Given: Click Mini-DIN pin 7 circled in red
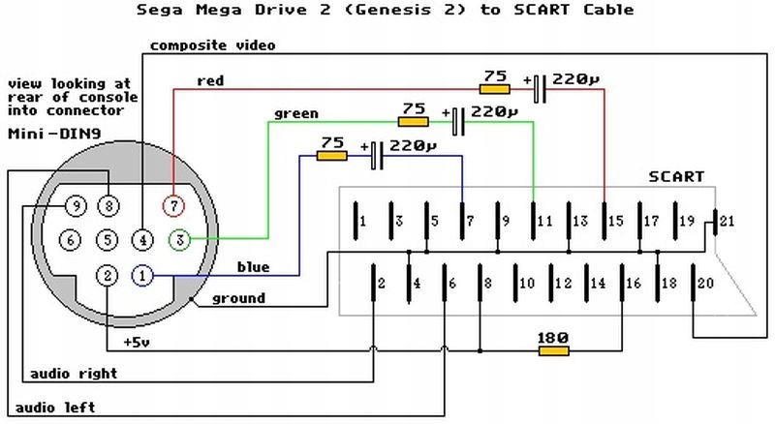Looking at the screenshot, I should click(173, 205).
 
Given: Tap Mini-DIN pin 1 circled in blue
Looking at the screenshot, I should click(141, 276).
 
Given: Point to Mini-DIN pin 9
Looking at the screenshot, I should click(75, 205).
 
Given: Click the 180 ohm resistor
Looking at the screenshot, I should click(554, 349).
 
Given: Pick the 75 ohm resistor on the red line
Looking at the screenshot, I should click(495, 88).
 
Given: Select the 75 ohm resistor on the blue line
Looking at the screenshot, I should click(332, 154).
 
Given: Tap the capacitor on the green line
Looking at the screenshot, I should click(458, 121).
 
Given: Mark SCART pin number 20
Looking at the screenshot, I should click(704, 283).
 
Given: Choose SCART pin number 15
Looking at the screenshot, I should click(615, 222).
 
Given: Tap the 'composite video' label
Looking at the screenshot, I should click(213, 45).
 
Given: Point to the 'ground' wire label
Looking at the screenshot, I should click(238, 299).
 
